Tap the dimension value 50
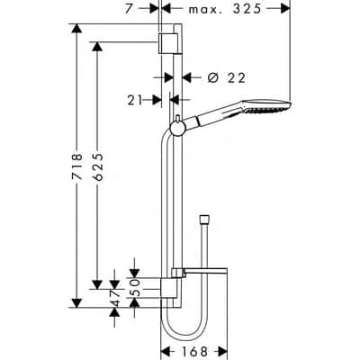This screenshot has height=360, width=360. (135, 280)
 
